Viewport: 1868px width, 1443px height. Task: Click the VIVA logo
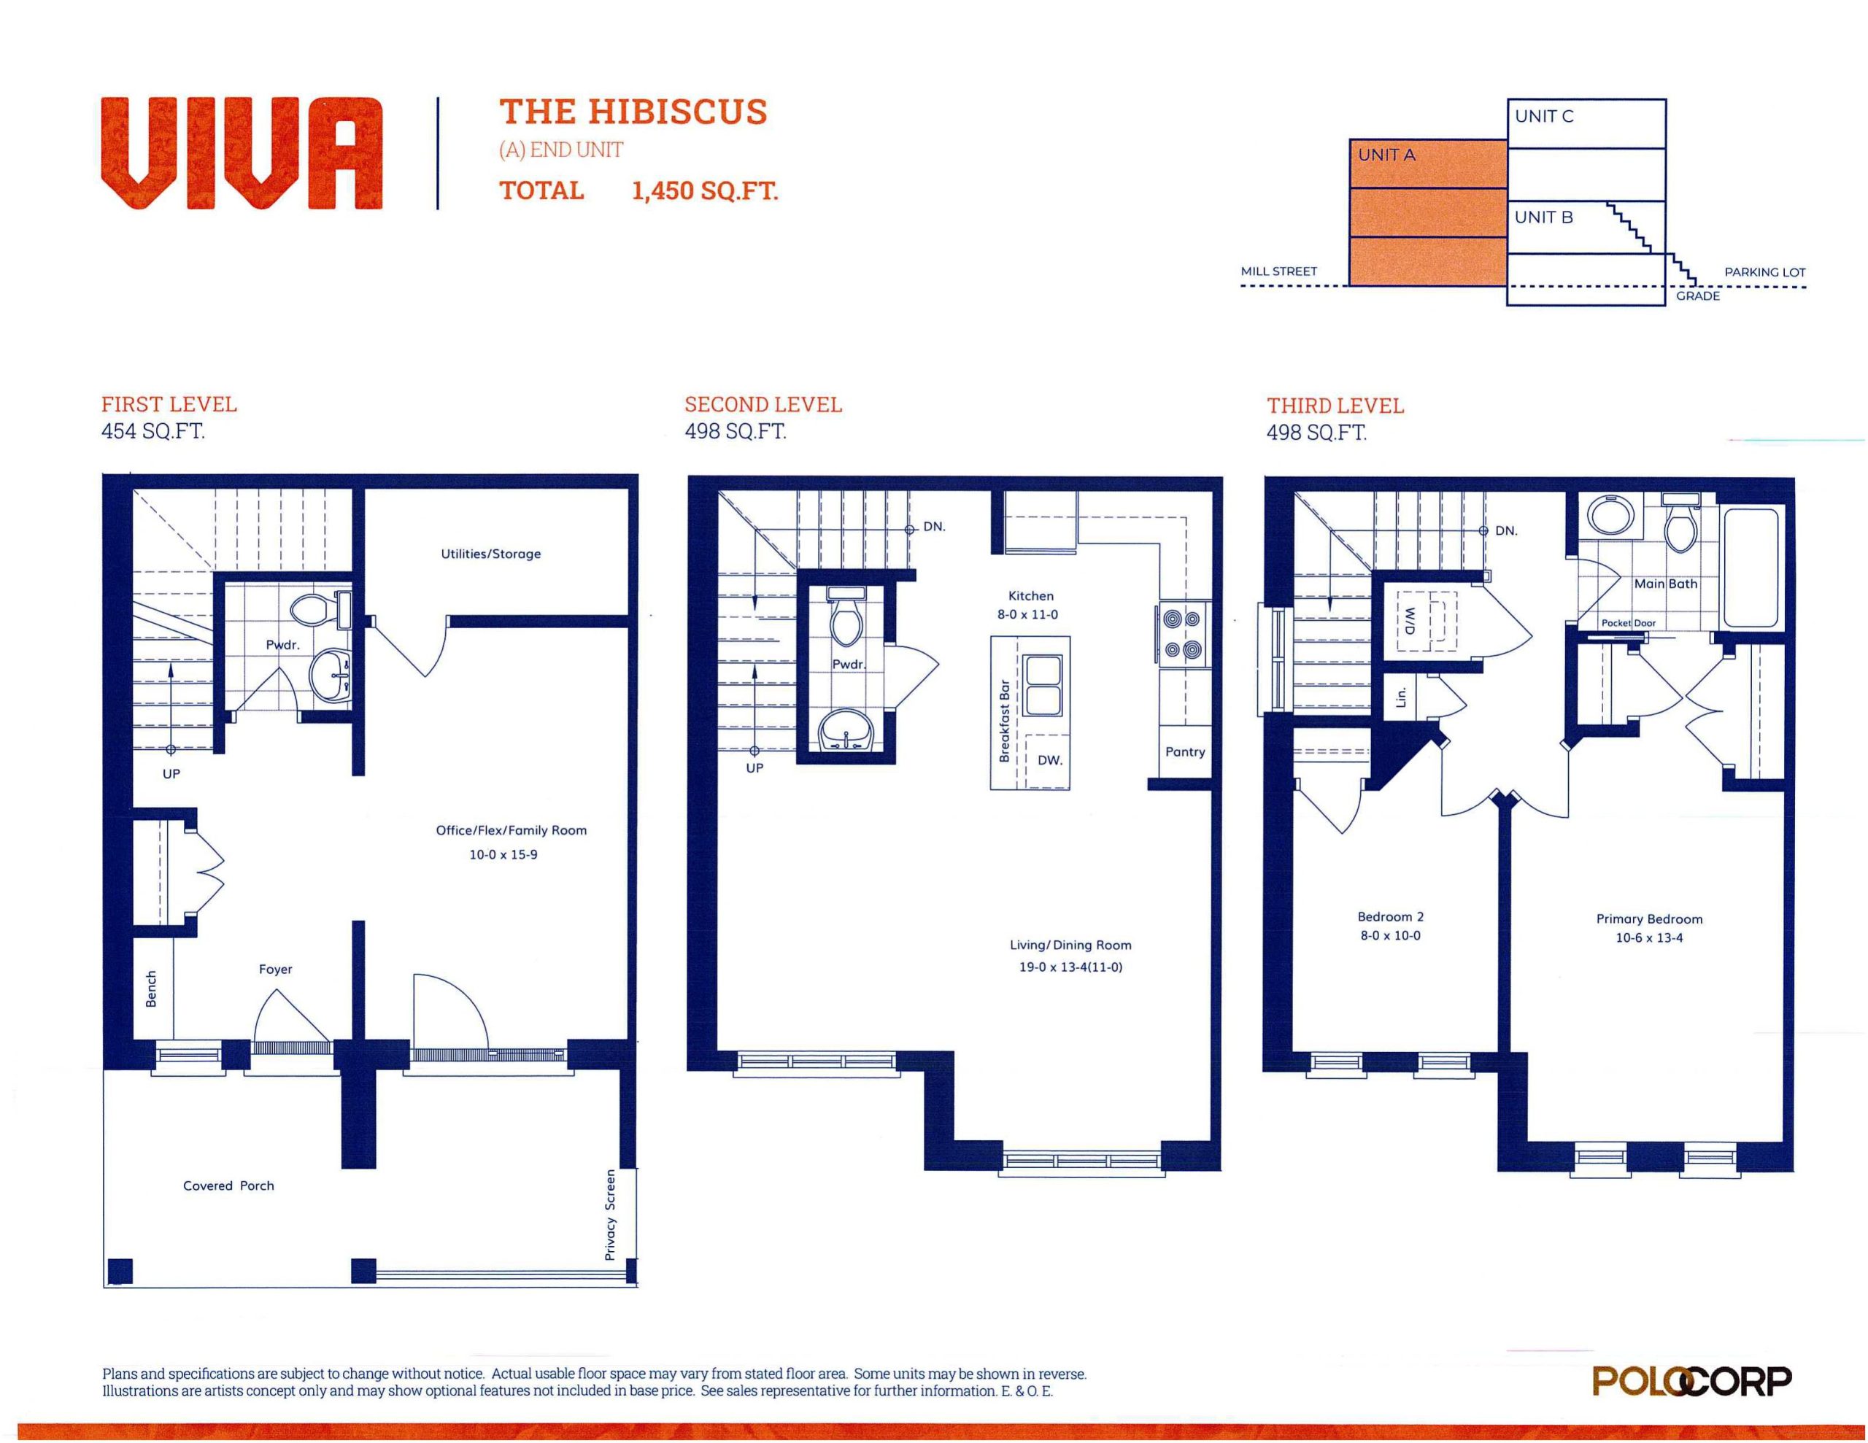pos(242,153)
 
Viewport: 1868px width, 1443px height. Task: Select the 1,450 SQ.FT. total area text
pos(705,190)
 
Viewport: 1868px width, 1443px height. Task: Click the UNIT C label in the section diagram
pos(1544,116)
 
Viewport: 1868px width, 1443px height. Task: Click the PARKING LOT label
pos(1764,272)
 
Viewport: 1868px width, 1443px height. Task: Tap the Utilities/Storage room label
pos(491,554)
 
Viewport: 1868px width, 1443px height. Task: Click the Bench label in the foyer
pos(151,988)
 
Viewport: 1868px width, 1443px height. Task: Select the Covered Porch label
pos(228,1185)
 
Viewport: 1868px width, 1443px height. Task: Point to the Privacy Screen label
pos(610,1215)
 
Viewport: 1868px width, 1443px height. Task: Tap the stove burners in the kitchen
pos(1183,634)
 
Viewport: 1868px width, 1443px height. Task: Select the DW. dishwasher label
pos(1049,759)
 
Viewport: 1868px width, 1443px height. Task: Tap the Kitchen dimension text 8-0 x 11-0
pos(1027,614)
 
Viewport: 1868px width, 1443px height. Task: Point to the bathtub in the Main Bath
pos(1750,567)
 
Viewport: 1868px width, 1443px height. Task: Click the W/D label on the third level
pos(1410,620)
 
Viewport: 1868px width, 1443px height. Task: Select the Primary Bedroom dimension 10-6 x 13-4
pos(1649,937)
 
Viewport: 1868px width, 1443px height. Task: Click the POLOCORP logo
pos(1692,1382)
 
